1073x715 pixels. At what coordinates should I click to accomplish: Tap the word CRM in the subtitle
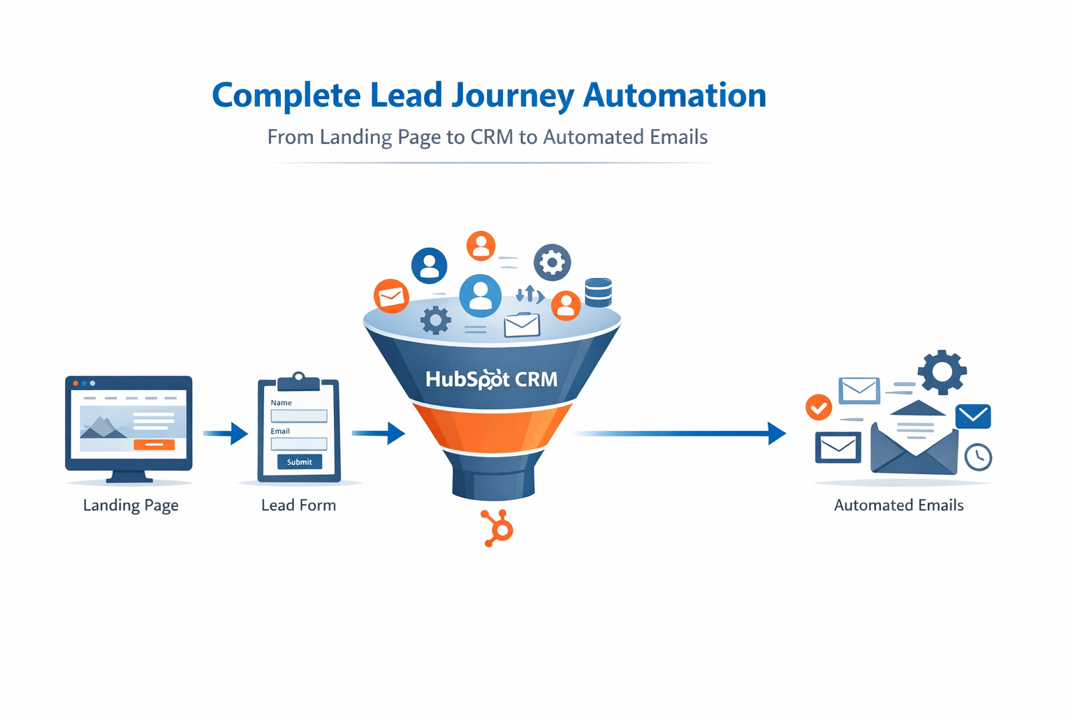(x=492, y=137)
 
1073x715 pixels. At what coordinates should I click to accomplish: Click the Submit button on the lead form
(x=299, y=462)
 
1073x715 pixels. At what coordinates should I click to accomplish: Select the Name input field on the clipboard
(x=299, y=416)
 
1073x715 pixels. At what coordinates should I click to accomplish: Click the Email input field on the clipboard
(x=299, y=444)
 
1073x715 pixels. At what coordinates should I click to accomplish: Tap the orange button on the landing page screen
(x=154, y=445)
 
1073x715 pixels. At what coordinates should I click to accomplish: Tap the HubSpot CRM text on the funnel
(x=492, y=379)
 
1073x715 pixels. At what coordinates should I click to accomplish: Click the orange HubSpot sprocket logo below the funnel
(x=498, y=529)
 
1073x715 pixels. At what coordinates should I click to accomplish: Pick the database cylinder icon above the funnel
(x=598, y=293)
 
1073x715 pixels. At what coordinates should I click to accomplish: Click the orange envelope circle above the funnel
(x=391, y=296)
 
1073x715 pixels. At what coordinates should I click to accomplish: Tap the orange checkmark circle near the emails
(x=819, y=407)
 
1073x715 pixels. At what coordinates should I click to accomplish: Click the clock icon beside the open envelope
(x=978, y=457)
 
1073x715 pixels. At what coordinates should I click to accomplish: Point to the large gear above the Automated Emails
(x=942, y=372)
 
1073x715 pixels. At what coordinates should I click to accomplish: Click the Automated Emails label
(x=898, y=506)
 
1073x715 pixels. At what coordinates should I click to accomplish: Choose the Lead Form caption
(x=298, y=506)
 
